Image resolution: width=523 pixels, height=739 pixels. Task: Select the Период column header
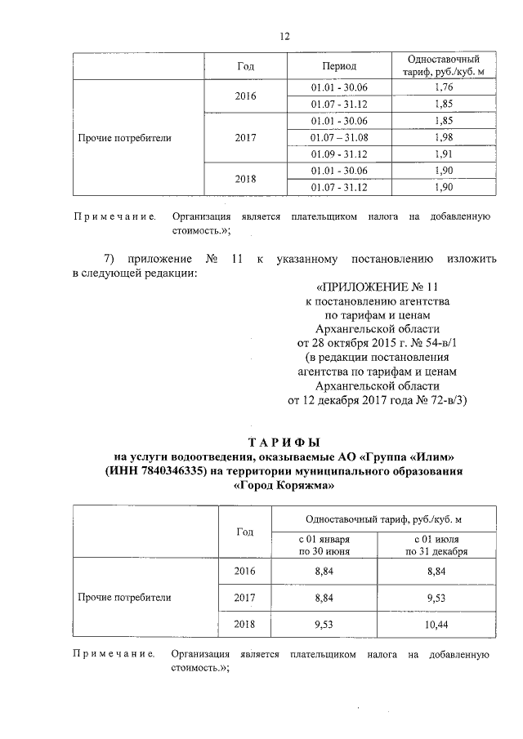coord(338,66)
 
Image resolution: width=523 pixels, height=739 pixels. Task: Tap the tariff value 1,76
coord(445,87)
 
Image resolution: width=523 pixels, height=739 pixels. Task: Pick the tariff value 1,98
coord(445,136)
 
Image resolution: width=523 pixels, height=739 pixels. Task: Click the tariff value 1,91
coord(445,154)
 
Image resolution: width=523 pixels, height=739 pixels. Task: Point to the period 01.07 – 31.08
coord(338,136)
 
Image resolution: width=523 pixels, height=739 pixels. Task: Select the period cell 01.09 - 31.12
coord(338,154)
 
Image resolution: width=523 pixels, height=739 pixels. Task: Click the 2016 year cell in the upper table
coord(244,96)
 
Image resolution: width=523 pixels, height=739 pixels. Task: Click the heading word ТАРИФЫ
coord(282,441)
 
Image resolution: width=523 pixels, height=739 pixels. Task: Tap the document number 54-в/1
coord(441,343)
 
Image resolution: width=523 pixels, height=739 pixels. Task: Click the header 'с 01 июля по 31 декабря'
coord(440,545)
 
